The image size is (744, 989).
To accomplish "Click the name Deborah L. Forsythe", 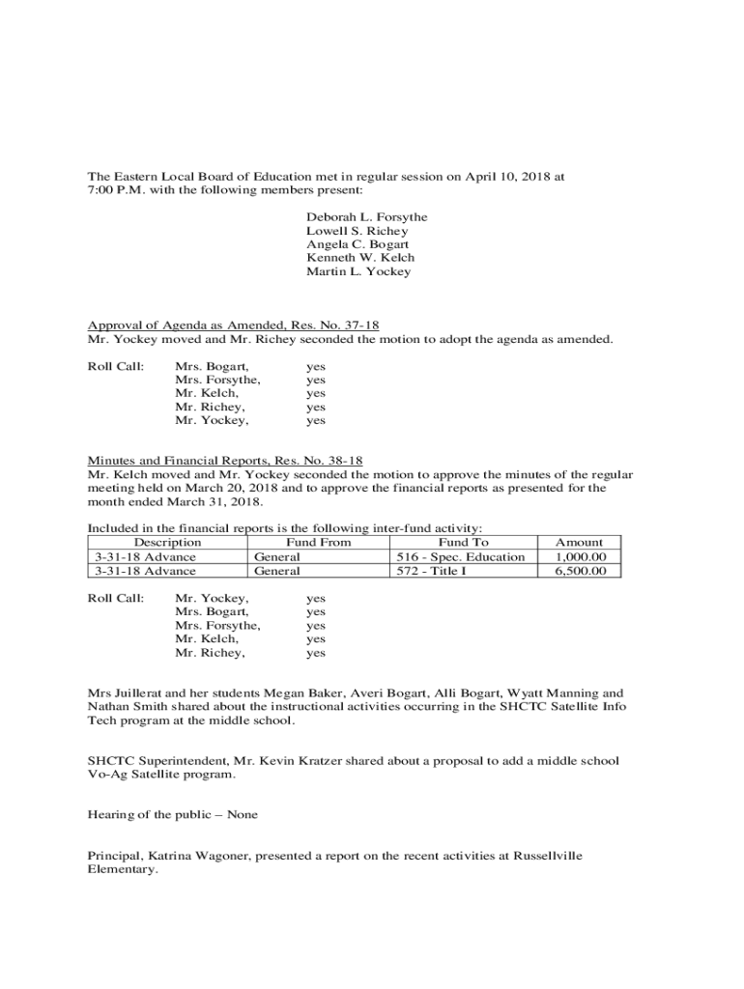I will click(x=366, y=217).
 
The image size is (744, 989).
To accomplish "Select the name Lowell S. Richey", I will click(x=357, y=231).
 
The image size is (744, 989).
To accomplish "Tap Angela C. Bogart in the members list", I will click(x=358, y=244).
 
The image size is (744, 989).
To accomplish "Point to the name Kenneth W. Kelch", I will click(x=360, y=258).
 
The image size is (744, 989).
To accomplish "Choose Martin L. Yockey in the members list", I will click(x=358, y=271).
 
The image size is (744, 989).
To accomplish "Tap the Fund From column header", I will click(x=319, y=543).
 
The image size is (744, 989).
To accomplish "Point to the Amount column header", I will click(x=579, y=543).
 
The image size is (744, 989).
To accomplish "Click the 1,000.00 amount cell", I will click(x=581, y=557).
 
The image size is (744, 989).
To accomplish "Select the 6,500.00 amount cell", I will click(x=581, y=571).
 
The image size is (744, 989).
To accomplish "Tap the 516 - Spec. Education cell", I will click(x=461, y=557).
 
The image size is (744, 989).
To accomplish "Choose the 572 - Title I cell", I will click(x=433, y=571).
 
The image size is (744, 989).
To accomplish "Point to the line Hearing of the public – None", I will click(x=173, y=815).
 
